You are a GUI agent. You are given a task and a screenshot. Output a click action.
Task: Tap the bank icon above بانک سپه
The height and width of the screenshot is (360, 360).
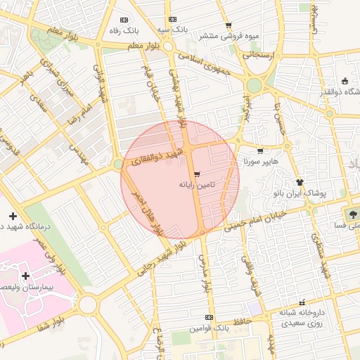tap(172, 20)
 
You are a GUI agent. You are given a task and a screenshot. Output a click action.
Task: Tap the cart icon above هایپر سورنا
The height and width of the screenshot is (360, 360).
tap(260, 151)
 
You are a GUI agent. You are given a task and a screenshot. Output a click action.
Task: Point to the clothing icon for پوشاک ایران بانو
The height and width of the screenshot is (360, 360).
tap(300, 182)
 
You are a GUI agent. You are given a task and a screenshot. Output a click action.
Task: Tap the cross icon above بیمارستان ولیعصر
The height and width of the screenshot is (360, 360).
tap(26, 276)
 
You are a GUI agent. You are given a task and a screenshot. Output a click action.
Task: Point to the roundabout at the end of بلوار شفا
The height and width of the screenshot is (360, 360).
tap(88, 304)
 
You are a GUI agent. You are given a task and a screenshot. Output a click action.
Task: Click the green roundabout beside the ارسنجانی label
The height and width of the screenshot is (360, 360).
tap(254, 85)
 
